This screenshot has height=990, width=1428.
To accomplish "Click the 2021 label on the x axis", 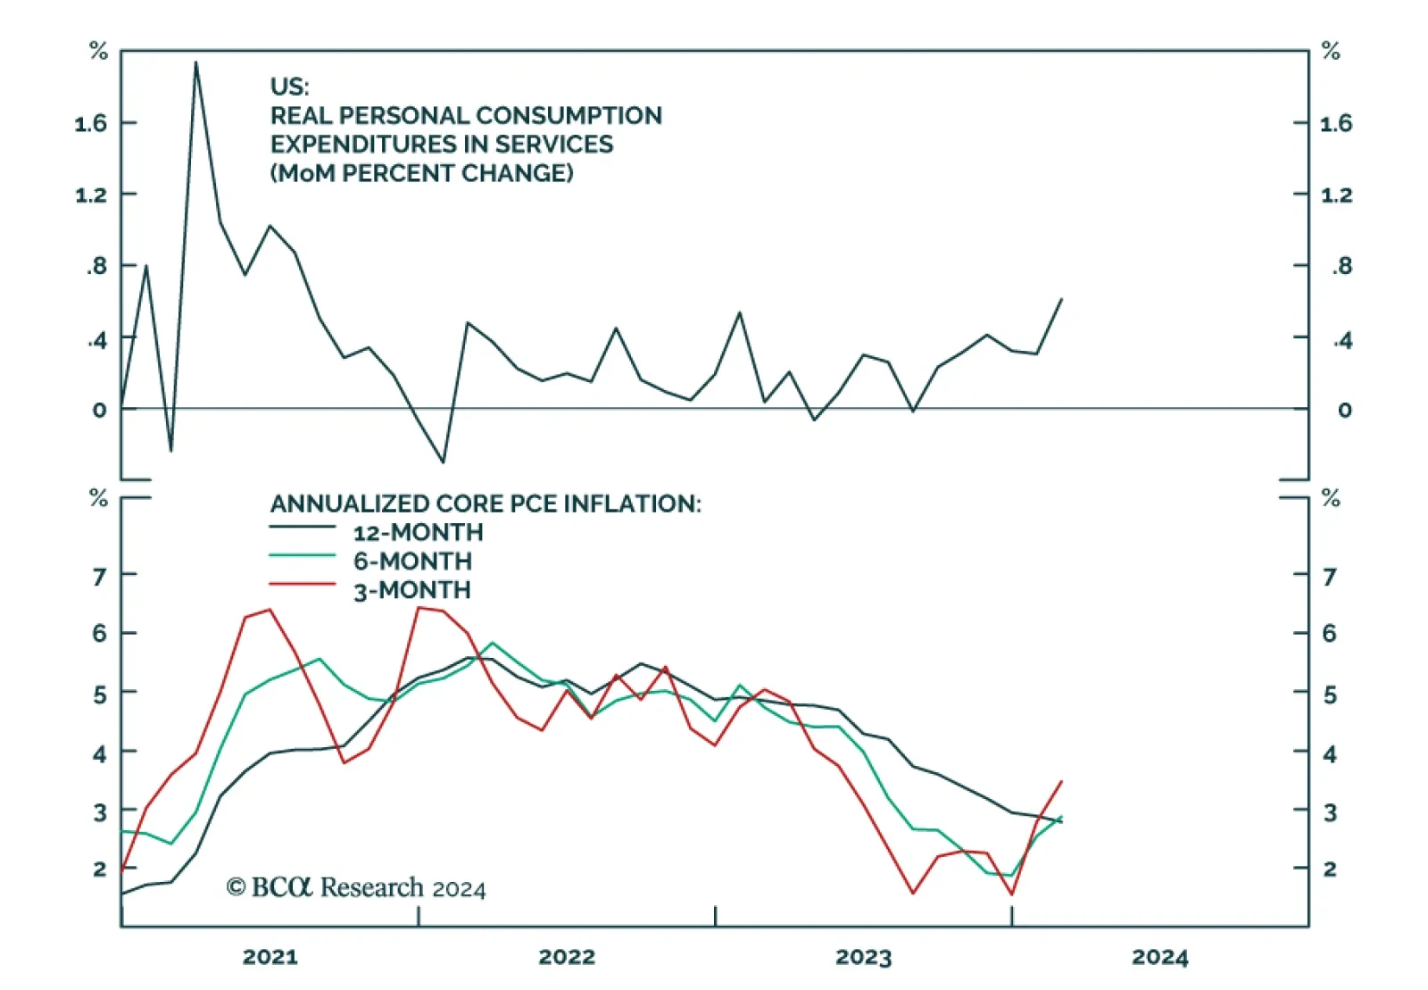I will tap(270, 957).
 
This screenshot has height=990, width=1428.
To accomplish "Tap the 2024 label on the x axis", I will tap(1159, 957).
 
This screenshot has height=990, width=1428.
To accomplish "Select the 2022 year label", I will tap(566, 957).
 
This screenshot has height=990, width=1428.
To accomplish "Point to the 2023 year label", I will tap(863, 957).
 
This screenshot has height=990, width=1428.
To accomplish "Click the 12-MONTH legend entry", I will tap(418, 532).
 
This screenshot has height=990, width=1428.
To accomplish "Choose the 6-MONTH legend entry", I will tap(412, 561).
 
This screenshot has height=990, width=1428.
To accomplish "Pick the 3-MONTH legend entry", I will tap(411, 590).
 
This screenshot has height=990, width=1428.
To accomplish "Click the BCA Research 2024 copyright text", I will tap(356, 887).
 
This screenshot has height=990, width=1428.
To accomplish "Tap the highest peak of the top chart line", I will tap(196, 62).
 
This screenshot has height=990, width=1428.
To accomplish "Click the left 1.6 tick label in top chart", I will tap(91, 123).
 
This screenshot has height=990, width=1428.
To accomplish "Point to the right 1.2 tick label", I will tap(1336, 195).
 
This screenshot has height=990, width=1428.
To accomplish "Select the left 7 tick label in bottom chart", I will tap(99, 576).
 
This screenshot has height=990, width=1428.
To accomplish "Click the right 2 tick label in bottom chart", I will tap(1330, 869).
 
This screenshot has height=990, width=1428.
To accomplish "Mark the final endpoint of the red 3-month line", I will tap(1061, 781).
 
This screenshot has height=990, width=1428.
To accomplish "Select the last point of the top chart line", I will tap(1061, 299).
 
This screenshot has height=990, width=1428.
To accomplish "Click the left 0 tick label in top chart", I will tap(99, 410).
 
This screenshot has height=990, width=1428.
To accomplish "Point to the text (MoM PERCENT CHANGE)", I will tap(421, 173).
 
